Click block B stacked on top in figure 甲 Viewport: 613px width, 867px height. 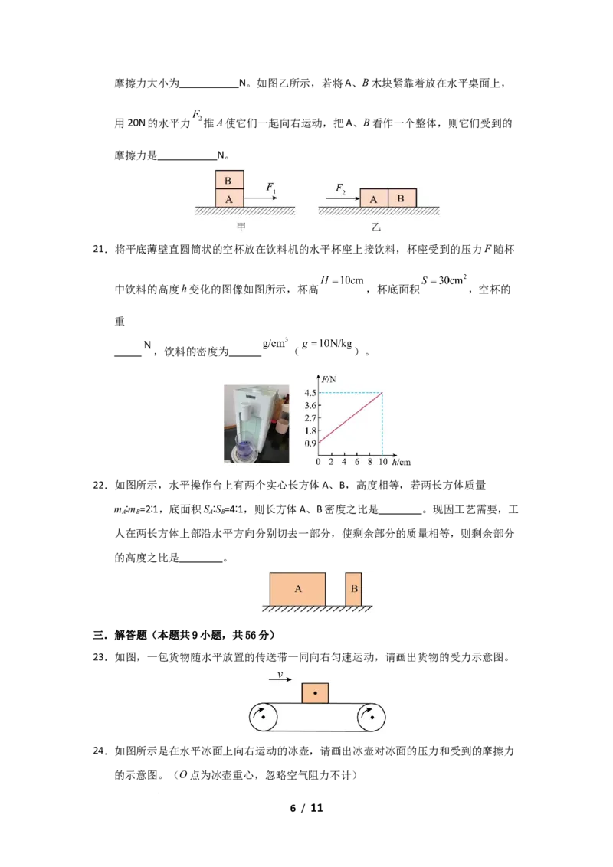coord(229,180)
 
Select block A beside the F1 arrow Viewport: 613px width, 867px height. coord(229,198)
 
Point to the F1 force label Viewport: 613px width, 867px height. coord(271,187)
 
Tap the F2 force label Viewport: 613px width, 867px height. coord(341,188)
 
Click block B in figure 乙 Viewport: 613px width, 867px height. coord(402,198)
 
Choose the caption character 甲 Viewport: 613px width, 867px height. coord(241,227)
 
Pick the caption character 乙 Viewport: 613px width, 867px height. coord(376,227)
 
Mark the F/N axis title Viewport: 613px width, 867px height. coord(327,378)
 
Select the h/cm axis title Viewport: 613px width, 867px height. coord(401,463)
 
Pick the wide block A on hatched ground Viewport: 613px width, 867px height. coord(297,589)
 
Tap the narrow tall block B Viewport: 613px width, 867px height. coord(353,589)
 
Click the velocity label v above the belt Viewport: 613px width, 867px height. coord(280,676)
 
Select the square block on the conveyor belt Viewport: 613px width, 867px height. coord(315,692)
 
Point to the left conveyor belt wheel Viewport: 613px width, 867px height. coord(263,718)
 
